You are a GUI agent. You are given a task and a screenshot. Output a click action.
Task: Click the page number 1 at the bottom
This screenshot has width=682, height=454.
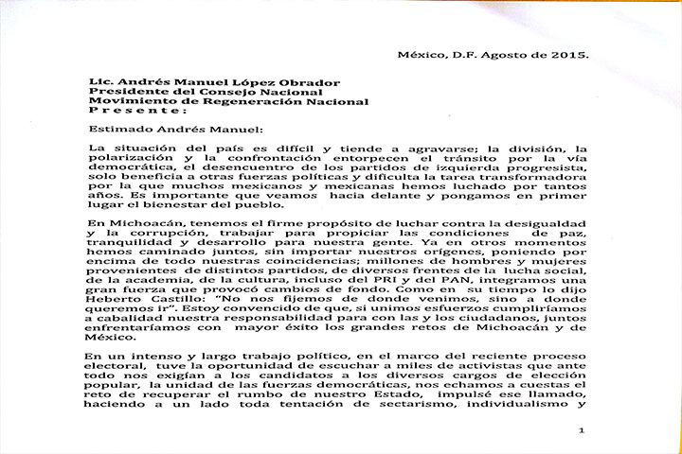pos(581,431)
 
